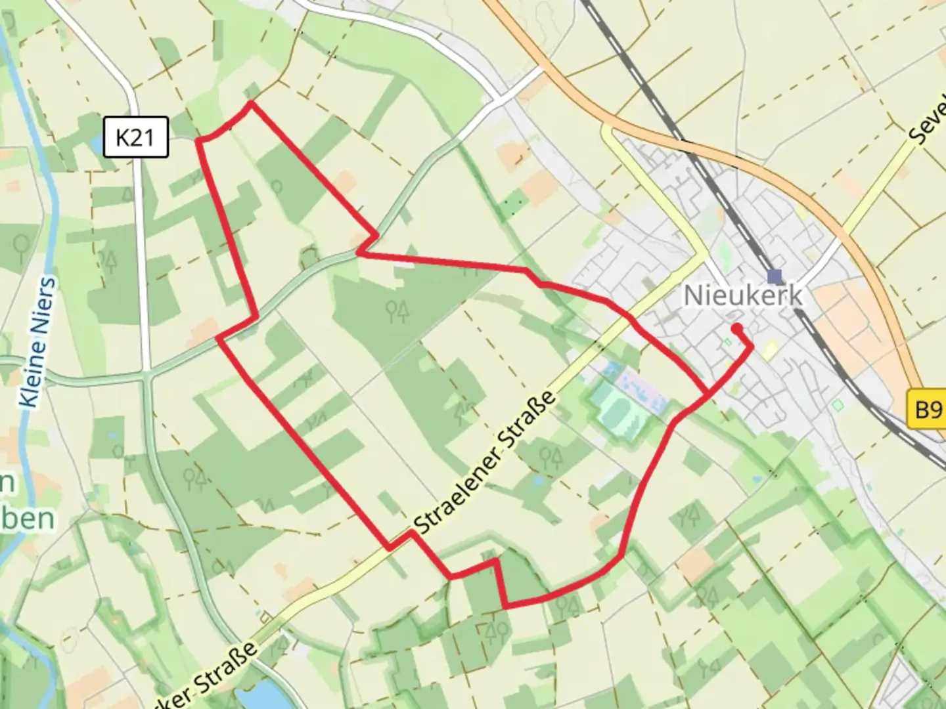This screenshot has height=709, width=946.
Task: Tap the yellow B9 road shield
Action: pos(928,410)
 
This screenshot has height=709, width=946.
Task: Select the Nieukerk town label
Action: pos(743,295)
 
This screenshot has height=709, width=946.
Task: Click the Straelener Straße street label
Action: pos(487,463)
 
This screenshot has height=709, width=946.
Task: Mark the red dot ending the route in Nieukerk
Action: pos(736,328)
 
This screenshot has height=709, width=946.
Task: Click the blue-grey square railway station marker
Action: pos(775,276)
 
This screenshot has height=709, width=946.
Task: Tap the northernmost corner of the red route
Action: pos(250,103)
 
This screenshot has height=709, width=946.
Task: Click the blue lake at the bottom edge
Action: pos(260,696)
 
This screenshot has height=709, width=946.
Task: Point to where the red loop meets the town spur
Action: pos(708,394)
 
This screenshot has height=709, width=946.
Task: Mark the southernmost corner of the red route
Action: pos(505,605)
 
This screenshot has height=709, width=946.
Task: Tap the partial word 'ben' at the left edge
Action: pos(26,519)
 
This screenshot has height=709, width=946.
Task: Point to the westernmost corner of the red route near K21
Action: pos(199,140)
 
